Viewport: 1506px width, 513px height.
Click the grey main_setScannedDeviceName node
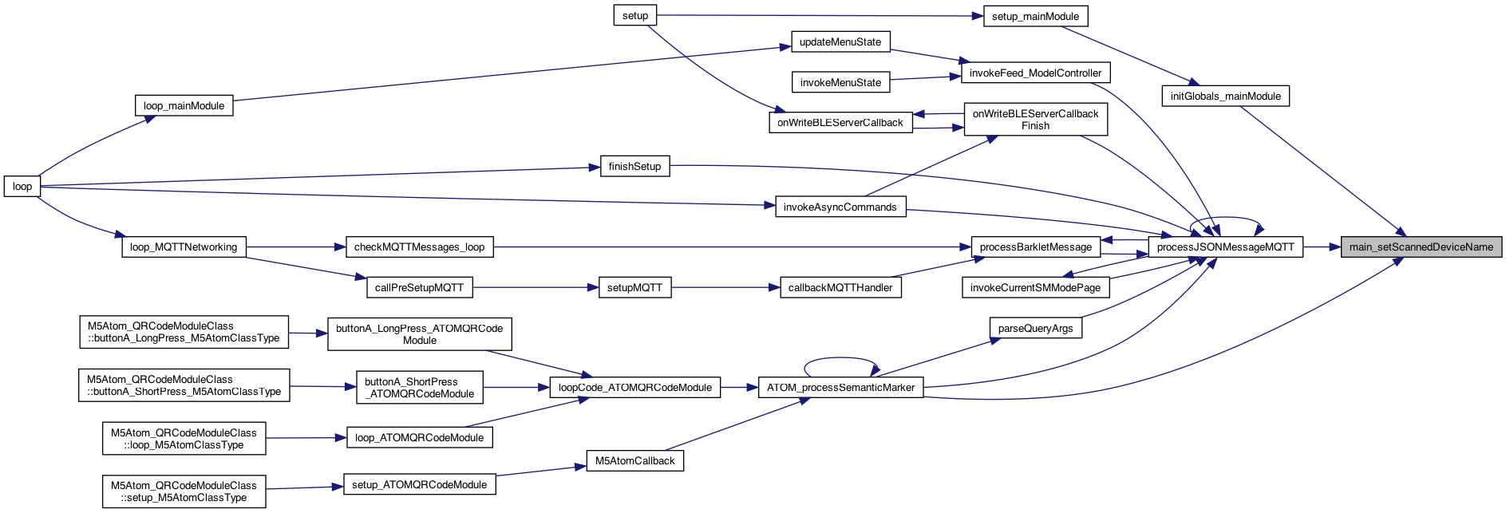1421,247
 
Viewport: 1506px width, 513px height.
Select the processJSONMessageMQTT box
1225,247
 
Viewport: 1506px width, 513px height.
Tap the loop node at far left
22,187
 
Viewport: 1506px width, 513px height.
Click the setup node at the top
635,16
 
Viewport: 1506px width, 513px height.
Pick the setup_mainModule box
1035,17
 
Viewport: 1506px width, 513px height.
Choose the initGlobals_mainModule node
1225,97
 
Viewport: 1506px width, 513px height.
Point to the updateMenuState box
840,42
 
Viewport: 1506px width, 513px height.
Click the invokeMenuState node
840,83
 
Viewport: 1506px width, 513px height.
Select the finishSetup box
634,167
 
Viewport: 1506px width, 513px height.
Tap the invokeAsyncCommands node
840,207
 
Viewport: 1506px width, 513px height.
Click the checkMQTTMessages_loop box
419,247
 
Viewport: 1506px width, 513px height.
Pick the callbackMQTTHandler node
840,288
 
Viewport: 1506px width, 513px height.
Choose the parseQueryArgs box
1035,329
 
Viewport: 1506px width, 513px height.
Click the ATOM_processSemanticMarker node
840,388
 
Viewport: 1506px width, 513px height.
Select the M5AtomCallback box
634,461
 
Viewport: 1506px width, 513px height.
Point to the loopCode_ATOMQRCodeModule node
634,388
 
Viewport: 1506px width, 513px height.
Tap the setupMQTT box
634,288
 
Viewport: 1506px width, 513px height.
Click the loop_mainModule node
184,106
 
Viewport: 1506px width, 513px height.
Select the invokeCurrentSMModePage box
1035,288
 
